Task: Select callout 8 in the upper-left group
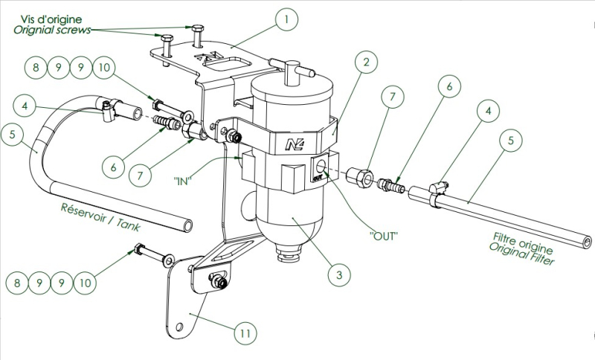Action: tap(35, 69)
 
